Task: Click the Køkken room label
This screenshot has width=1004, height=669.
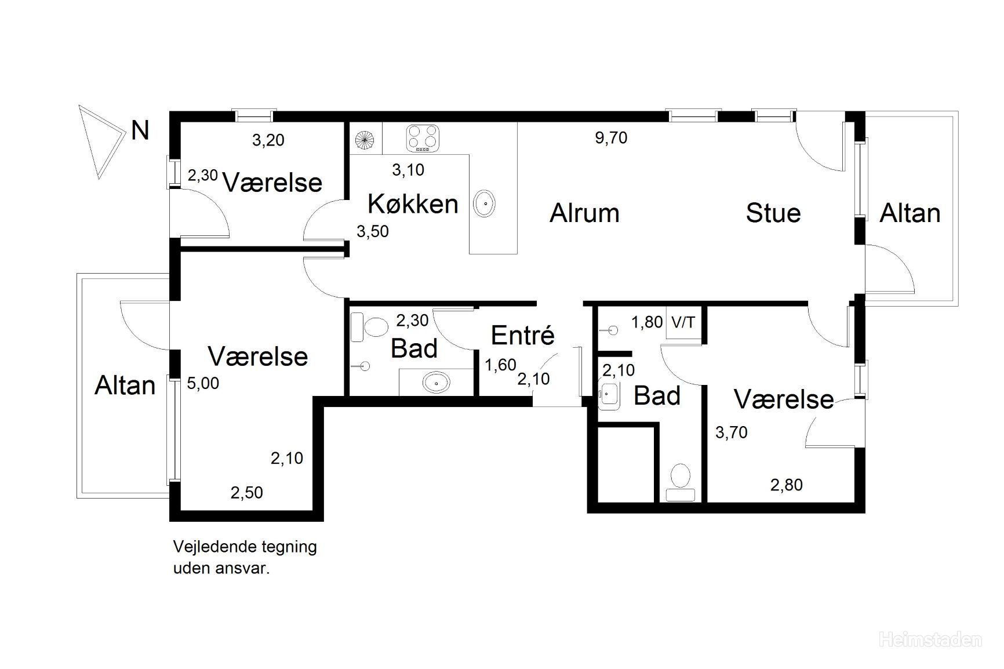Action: coord(413,203)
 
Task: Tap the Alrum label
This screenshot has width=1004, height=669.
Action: coord(584,213)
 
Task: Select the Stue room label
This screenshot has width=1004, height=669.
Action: coord(773,213)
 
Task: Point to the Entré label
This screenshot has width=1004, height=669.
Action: coord(523,334)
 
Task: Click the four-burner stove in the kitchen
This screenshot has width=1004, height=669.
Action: coord(422,139)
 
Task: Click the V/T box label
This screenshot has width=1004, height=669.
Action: coord(683,322)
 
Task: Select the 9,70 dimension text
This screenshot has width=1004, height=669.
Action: coord(611,138)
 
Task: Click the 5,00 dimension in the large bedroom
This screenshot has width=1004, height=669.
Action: coord(203,383)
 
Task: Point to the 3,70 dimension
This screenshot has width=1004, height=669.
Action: coord(732,432)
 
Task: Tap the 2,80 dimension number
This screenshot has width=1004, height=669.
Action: coord(787,485)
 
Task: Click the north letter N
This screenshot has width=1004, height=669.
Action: coord(140,130)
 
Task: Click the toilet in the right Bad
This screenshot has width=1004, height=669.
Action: coord(681,482)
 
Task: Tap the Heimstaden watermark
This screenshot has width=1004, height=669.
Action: coord(930,639)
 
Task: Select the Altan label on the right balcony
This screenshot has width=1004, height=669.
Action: coord(910,213)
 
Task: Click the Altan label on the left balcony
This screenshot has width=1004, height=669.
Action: coord(125,386)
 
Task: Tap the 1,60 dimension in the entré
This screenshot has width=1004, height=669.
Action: coord(500,365)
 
